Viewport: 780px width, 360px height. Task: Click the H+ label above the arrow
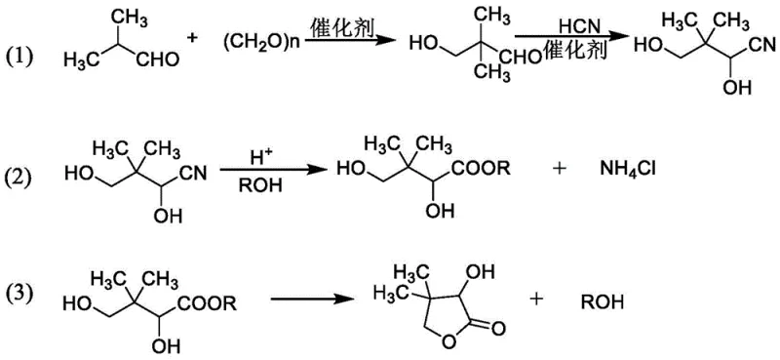[253, 154]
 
